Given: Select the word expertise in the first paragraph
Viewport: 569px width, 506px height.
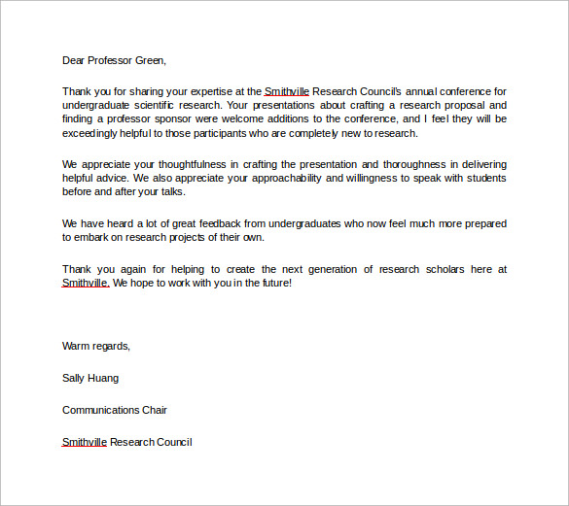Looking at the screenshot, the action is [207, 91].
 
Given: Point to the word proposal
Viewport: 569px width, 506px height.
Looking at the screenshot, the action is [460, 105].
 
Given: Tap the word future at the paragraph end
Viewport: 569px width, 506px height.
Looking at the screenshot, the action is [269, 283].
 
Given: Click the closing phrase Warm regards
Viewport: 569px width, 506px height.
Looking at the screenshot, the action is [95, 346].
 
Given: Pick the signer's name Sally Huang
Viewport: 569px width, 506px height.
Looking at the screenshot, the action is [90, 378].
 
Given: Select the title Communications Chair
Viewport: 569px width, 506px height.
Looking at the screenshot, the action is [114, 410].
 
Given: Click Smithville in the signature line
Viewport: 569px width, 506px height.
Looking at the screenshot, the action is [85, 442].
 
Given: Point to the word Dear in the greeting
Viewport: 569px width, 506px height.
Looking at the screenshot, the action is [74, 60].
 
